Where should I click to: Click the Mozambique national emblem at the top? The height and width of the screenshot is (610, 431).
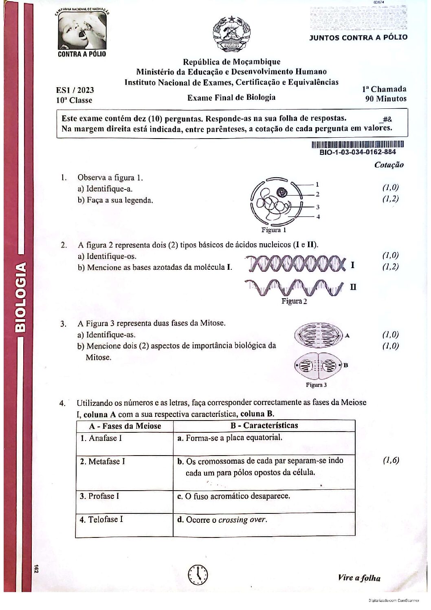click(231, 34)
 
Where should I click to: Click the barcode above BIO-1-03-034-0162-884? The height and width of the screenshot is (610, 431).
click(357, 144)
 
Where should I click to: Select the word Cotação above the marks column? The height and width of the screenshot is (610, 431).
click(389, 165)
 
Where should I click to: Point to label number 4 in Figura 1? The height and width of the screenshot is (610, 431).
click(318, 217)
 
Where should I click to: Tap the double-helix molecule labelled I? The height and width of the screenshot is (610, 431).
click(294, 264)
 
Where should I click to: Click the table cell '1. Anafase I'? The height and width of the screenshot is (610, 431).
click(125, 443)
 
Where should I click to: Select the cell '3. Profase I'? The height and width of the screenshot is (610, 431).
click(125, 501)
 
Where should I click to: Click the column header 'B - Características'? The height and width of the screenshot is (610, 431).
click(264, 425)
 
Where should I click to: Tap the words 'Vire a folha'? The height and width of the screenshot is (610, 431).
click(359, 578)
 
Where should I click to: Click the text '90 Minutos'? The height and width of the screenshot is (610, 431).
click(385, 99)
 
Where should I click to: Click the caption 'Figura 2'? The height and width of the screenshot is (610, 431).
click(294, 301)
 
